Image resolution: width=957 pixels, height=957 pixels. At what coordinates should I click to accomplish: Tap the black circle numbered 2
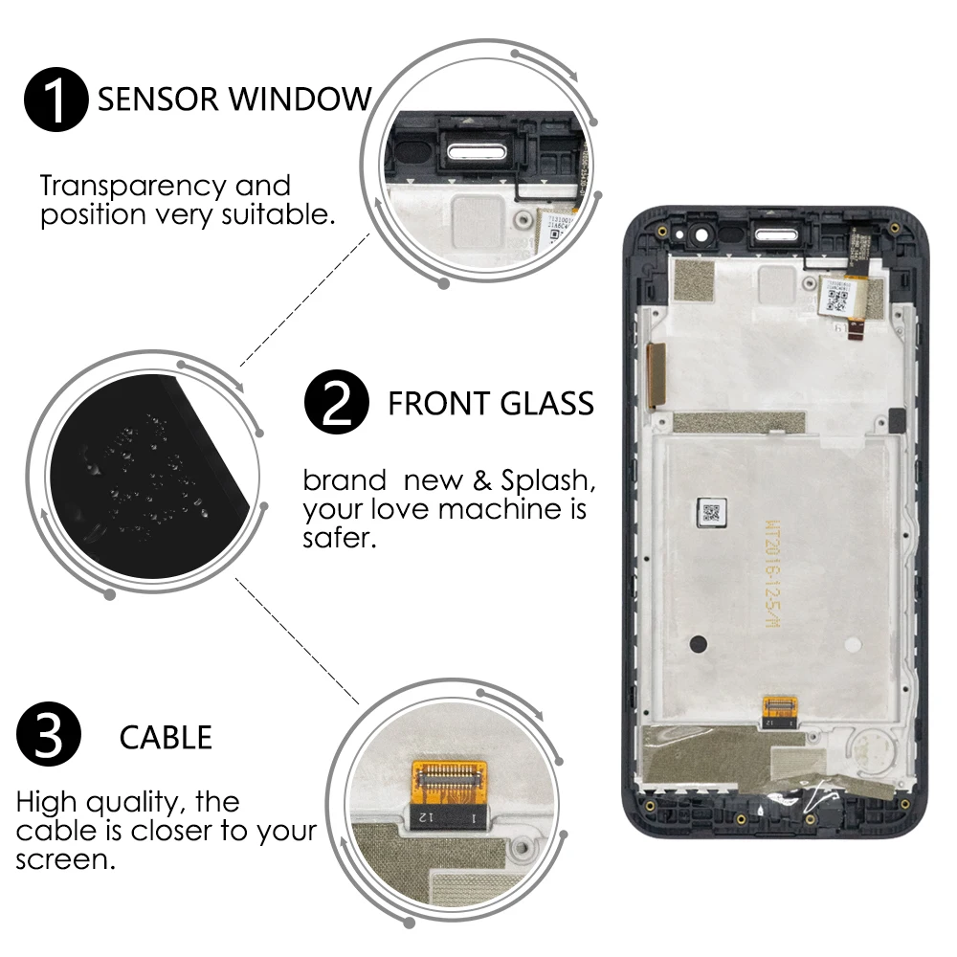click(336, 403)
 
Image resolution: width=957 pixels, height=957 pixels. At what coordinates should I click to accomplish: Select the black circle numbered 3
click(50, 737)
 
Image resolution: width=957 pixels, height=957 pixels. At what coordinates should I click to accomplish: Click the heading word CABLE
click(166, 738)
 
